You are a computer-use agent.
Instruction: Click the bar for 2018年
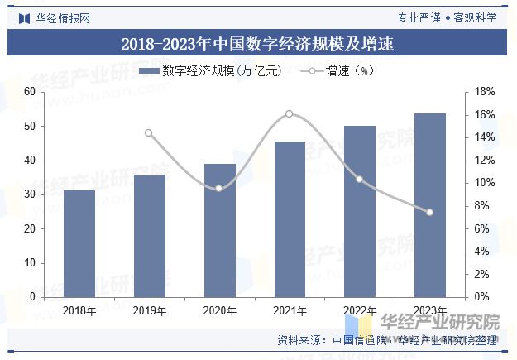point(79,243)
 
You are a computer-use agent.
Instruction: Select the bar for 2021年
point(290,219)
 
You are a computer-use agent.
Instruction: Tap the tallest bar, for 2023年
point(429,205)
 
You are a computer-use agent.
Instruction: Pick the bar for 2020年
point(219,230)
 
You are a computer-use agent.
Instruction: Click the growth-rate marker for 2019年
point(149,133)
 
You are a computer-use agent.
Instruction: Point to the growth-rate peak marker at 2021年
point(290,113)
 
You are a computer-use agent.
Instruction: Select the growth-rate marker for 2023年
point(429,212)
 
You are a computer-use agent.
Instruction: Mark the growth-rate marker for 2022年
point(359,179)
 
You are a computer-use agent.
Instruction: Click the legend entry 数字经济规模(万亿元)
point(211,71)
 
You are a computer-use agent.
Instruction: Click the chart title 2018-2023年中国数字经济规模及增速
point(258,45)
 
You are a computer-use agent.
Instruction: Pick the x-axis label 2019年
point(149,311)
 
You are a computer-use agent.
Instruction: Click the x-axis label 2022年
point(359,311)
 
